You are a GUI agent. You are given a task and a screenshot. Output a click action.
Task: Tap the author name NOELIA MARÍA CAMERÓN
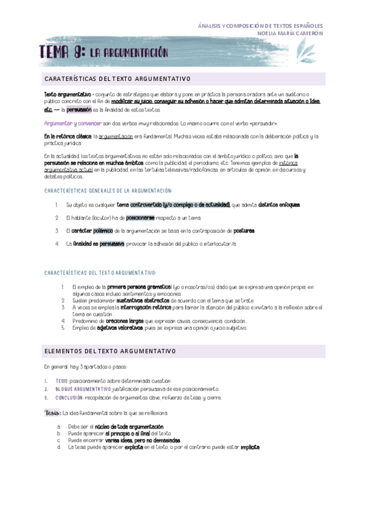(x=290, y=34)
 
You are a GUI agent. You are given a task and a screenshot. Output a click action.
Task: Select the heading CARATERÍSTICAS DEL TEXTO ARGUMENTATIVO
(x=117, y=79)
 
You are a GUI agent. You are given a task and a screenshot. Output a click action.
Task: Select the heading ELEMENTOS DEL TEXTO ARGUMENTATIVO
(x=110, y=351)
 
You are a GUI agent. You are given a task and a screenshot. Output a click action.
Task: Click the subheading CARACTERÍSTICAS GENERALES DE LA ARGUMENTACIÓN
(x=108, y=191)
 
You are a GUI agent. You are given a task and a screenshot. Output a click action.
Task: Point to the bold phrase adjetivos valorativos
(x=119, y=328)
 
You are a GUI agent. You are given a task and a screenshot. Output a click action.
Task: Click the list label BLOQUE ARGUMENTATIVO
(x=83, y=389)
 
